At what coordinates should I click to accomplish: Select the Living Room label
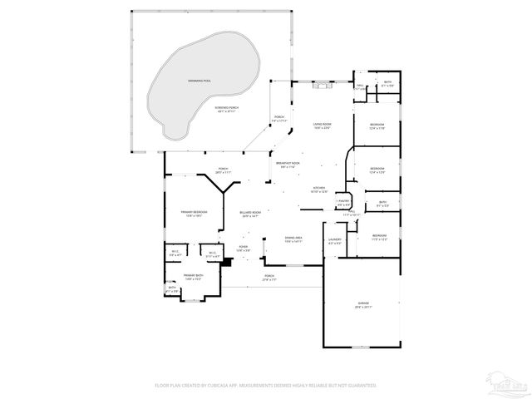(322, 125)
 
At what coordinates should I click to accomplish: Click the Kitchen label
(318, 189)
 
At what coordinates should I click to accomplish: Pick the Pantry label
(343, 200)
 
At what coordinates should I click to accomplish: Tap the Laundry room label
(335, 241)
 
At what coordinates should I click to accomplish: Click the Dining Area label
(293, 238)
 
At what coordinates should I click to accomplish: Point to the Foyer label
(243, 247)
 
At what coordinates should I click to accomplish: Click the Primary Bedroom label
(194, 213)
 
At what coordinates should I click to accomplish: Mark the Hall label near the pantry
(352, 214)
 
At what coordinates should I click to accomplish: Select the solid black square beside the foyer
(229, 261)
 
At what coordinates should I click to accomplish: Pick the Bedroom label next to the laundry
(378, 236)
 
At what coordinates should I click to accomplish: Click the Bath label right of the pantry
(382, 203)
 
